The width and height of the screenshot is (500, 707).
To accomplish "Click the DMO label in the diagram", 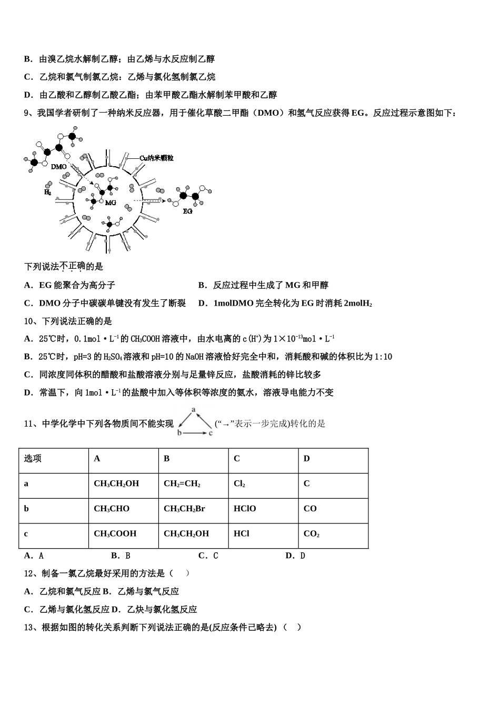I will click(58, 167).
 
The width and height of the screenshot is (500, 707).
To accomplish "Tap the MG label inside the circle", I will click(111, 203).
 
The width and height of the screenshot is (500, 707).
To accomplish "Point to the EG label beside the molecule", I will click(188, 211).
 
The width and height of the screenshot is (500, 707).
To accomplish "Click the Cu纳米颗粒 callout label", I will click(156, 158).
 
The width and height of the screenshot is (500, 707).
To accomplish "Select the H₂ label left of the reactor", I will click(47, 193).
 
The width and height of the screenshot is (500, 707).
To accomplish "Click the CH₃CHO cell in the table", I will click(112, 509).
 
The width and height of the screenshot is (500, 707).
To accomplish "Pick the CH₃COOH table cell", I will click(115, 534).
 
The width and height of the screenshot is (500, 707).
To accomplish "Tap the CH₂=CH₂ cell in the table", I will click(182, 484).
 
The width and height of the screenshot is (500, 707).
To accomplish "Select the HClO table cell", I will click(245, 509).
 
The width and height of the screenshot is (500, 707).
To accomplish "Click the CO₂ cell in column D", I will click(312, 534).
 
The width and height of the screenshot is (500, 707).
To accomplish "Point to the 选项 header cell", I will click(33, 459).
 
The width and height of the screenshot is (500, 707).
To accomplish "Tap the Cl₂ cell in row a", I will click(239, 484).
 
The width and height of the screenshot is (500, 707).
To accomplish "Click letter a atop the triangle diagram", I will click(193, 409).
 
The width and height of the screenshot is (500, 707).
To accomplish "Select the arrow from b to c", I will click(195, 433).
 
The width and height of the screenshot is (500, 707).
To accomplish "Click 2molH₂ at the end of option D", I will click(358, 303).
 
